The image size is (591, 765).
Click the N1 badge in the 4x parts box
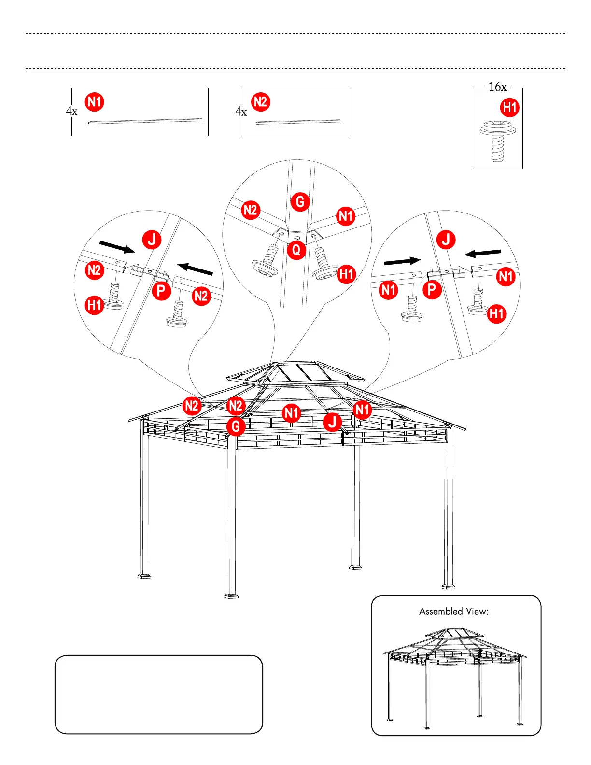[95, 102]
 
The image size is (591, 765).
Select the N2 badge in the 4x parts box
[260, 102]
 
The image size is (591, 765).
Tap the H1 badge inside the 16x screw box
[510, 107]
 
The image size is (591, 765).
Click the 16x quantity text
[497, 87]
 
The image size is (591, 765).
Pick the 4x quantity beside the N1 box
[71, 111]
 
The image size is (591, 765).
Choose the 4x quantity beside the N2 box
[240, 112]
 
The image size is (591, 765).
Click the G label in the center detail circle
[300, 201]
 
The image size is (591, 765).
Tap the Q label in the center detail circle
[296, 250]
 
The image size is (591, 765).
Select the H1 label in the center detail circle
[346, 274]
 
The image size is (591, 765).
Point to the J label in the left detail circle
[152, 239]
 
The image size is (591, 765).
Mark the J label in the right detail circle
[446, 239]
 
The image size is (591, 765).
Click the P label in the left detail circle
[161, 291]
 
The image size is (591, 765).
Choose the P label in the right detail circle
[432, 289]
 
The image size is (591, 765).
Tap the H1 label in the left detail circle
[95, 305]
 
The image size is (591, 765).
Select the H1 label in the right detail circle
[496, 313]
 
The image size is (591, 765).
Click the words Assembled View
[453, 611]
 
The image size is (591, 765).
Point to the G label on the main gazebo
[236, 426]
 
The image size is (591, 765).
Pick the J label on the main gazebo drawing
[332, 422]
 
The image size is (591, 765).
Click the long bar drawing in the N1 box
[145, 121]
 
